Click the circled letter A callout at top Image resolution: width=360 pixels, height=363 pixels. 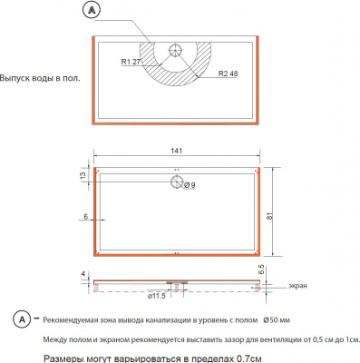click(x=92, y=10)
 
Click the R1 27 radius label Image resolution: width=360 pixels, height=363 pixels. click(x=131, y=62)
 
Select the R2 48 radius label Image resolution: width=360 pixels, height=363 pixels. click(x=229, y=74)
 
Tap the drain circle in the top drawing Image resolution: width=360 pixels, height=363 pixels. click(x=175, y=49)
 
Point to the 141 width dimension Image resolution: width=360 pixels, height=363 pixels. click(x=177, y=151)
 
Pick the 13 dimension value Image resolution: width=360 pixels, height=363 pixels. click(x=83, y=175)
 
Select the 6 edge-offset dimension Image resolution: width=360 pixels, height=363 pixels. click(x=85, y=217)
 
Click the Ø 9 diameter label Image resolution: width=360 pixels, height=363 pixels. click(x=190, y=185)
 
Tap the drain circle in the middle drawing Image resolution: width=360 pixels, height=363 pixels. click(x=177, y=181)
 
